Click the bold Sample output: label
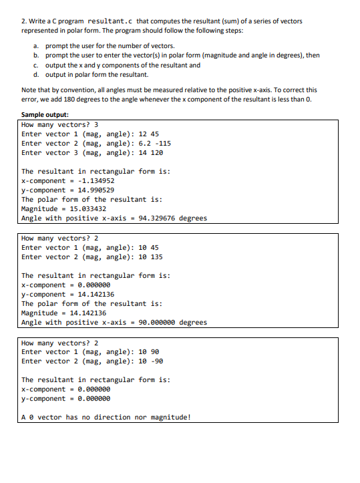[x=45, y=115]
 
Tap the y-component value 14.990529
[x=96, y=190]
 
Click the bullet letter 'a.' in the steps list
[x=37, y=45]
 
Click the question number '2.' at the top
[x=25, y=21]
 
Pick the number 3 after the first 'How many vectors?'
[x=96, y=124]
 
